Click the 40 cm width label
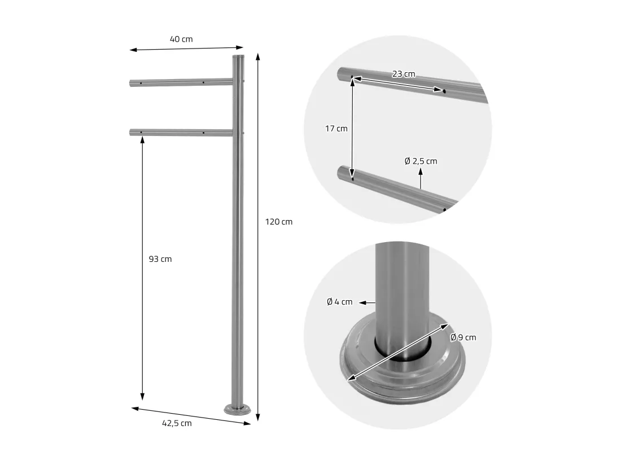pos(181,39)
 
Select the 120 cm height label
pos(279,222)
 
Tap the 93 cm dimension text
pos(160,259)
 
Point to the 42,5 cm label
pos(177,423)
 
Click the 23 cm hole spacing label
pos(404,74)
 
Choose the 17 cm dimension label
pos(336,129)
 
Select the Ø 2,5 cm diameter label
pos(421,161)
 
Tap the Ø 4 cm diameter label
pos(339,302)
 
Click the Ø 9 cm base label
pos(463,337)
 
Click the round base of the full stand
pos(237,410)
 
